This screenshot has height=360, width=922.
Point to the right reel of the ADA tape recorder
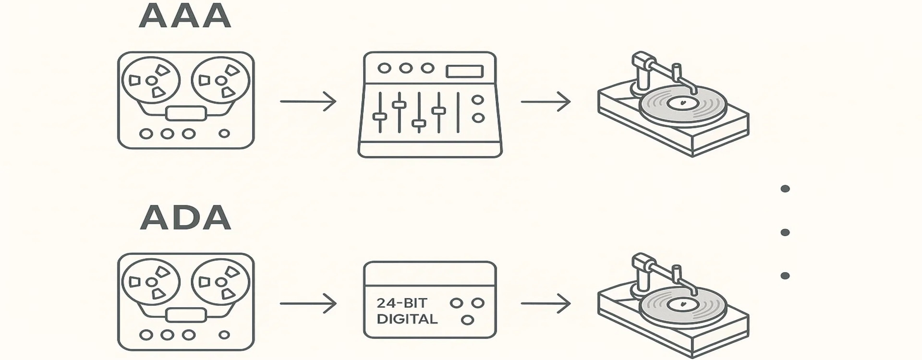tap(220, 282)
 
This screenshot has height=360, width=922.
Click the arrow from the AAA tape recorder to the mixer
tap(308, 101)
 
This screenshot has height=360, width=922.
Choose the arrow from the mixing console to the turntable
tap(546, 101)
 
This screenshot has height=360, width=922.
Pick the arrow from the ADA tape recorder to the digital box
tap(308, 303)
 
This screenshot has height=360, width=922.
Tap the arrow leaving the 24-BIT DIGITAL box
tap(546, 303)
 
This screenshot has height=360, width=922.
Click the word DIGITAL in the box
tap(407, 319)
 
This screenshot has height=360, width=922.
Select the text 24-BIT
tap(401, 303)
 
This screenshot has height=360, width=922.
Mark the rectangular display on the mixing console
tap(464, 71)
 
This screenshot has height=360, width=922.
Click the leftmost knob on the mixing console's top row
tap(384, 68)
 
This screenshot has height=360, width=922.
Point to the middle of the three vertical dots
tap(785, 232)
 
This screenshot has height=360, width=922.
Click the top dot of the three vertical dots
tap(785, 189)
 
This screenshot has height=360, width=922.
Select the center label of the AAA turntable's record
tap(682, 102)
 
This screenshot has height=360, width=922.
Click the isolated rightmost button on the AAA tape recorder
tap(224, 133)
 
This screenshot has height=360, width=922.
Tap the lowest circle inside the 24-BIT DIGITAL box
tap(467, 320)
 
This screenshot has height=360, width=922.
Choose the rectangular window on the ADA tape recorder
tap(186, 315)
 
